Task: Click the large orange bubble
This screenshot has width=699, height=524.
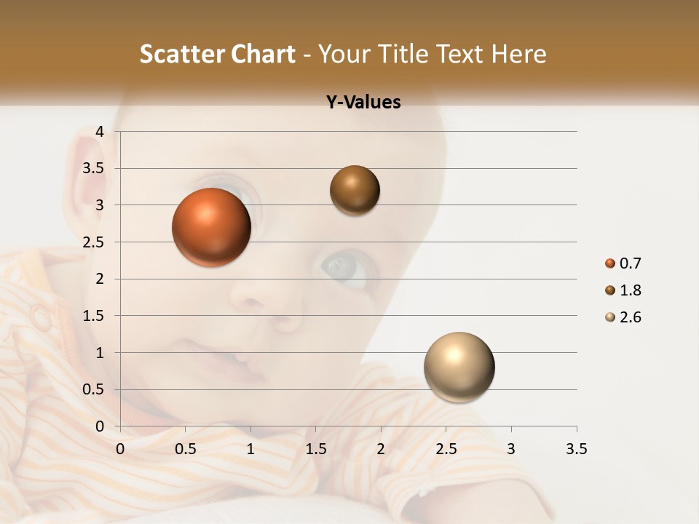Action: [x=211, y=227]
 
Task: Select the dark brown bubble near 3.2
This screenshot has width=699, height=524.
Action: [x=355, y=190]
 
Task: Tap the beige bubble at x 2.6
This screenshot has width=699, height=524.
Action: [x=459, y=367]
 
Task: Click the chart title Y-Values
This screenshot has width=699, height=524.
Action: [x=363, y=102]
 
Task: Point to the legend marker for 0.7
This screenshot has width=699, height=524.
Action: [x=610, y=263]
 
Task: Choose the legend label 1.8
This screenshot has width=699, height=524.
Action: [x=631, y=290]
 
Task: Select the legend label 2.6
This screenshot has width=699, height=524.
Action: [x=631, y=317]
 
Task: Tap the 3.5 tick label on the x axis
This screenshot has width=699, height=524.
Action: [x=576, y=449]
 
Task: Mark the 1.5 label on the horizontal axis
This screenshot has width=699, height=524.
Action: [x=315, y=449]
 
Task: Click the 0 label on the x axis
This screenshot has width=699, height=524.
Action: [x=120, y=449]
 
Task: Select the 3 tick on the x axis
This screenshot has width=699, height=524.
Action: [x=511, y=449]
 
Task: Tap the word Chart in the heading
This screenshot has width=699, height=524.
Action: [x=261, y=54]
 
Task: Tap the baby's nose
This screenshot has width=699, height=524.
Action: [x=251, y=295]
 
